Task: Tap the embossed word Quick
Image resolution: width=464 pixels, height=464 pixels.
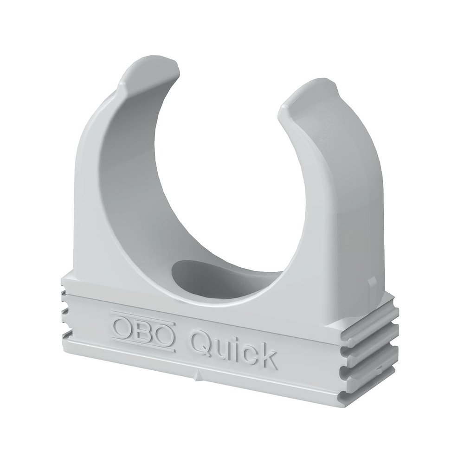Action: click(x=234, y=348)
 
